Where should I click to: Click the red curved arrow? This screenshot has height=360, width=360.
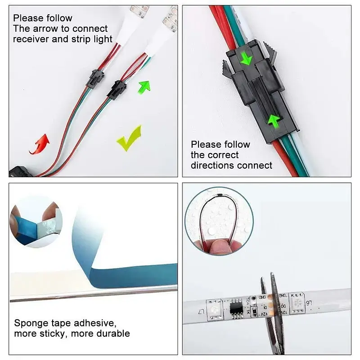[x=40, y=144]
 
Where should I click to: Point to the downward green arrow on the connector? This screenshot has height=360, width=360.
[x=245, y=59]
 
